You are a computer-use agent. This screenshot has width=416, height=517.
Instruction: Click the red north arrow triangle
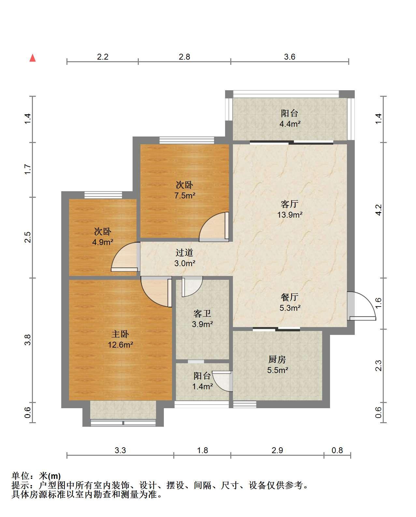33,58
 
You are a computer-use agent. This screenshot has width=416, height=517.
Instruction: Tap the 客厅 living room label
290,204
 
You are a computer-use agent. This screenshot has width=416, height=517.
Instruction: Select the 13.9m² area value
290,215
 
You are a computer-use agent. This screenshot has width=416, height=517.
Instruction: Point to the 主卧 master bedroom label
120,334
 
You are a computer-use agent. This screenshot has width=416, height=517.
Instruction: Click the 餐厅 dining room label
290,297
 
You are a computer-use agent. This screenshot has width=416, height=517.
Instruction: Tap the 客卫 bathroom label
202,313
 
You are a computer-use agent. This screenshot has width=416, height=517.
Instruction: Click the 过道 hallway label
184,252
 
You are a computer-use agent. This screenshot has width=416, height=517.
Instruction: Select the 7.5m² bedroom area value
185,195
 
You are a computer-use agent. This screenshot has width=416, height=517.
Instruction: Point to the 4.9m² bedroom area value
103,242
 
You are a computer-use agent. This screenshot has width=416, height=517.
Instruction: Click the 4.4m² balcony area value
290,124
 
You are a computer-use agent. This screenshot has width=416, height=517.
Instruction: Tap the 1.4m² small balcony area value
202,386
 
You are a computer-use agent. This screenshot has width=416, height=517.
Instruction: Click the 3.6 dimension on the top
290,57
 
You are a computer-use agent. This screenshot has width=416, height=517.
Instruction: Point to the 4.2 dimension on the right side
378,210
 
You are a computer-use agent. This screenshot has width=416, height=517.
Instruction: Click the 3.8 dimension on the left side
28,340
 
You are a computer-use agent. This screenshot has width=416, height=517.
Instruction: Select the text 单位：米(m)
36,476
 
